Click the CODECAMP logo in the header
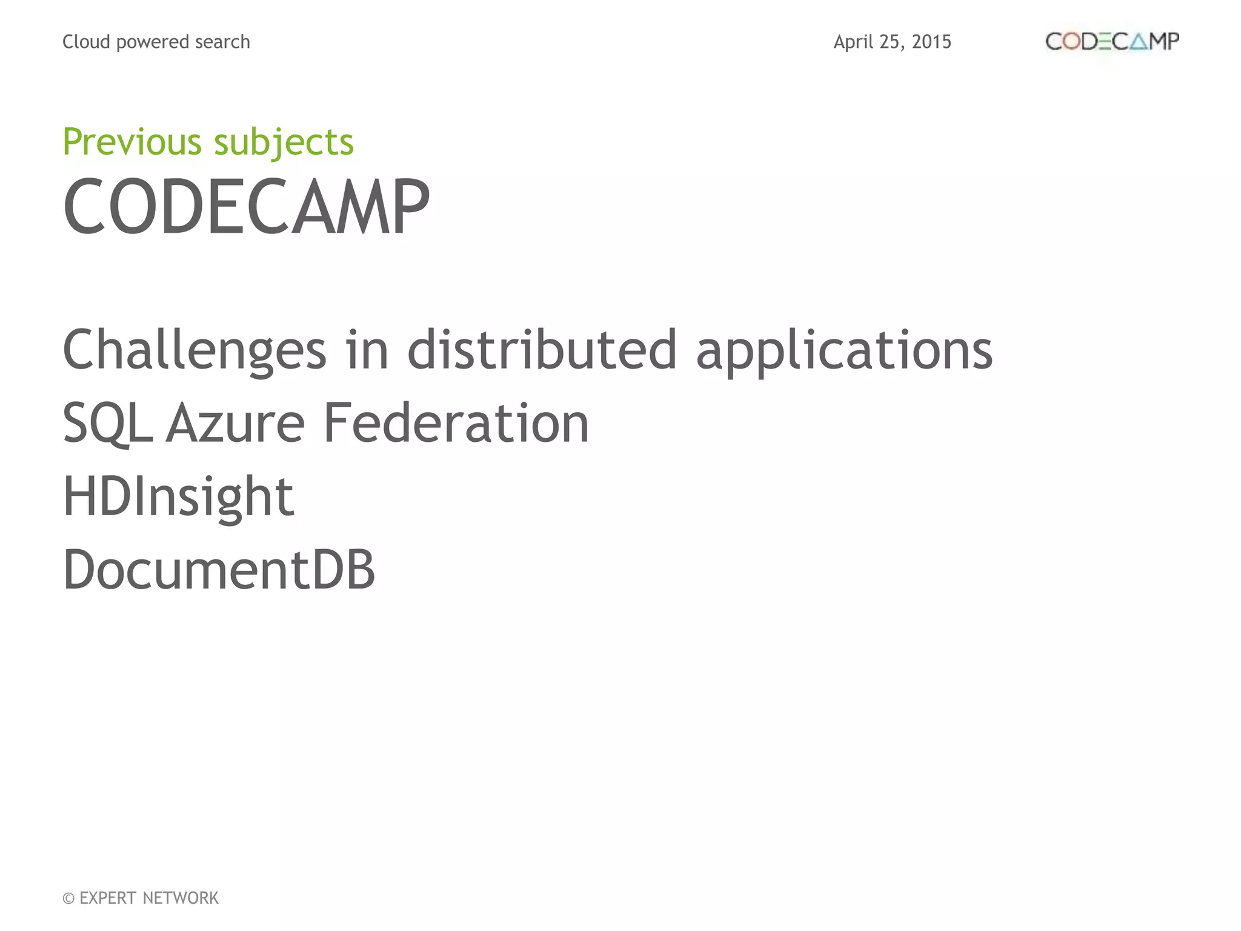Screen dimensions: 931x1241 click(1112, 41)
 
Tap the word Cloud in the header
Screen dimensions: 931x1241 click(86, 42)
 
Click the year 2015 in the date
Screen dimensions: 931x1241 click(931, 42)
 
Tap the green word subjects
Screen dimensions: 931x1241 click(284, 143)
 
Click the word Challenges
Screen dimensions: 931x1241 click(195, 350)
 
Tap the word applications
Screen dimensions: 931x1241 click(844, 350)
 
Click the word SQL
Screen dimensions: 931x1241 click(107, 423)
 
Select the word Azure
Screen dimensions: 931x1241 click(235, 423)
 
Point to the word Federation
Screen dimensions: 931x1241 click(456, 423)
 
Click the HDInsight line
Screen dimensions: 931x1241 click(178, 497)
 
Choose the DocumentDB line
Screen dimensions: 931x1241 click(219, 570)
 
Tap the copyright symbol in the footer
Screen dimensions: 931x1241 click(68, 898)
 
